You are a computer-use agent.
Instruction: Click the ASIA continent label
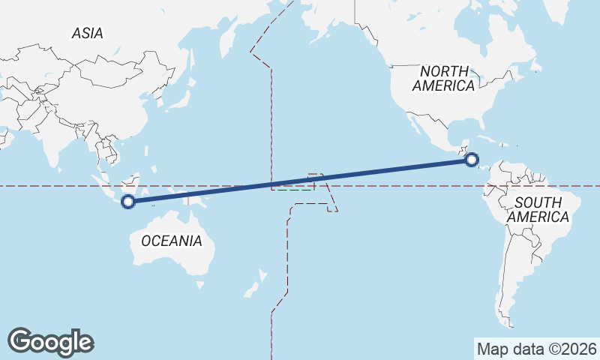[x=88, y=33]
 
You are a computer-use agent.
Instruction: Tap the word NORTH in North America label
[x=444, y=71]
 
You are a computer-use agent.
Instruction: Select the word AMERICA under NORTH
[x=444, y=85]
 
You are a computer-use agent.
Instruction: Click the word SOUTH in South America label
[x=538, y=202]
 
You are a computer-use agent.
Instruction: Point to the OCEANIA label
[x=172, y=241]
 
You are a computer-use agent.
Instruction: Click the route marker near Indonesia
[x=128, y=201]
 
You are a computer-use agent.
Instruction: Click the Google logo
[x=50, y=342]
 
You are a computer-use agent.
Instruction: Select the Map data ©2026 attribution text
[x=537, y=349]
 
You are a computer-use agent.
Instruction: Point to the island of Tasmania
[x=199, y=284]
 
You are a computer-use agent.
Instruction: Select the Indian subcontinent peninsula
[x=50, y=146]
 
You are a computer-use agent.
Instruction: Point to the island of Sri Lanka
[x=59, y=169]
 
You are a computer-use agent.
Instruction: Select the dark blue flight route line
[x=300, y=180]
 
